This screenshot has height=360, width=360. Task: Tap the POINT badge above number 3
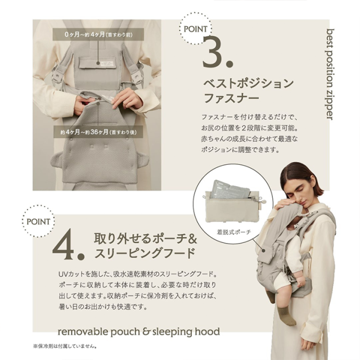pos(195,29)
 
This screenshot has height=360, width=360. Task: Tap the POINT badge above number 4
pos(38,221)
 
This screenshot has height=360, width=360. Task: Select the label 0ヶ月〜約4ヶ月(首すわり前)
pos(98,34)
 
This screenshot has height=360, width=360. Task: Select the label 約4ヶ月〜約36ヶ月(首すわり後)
pos(98,132)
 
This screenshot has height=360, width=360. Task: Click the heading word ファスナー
pos(231,98)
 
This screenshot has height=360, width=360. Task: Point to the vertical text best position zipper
pos(330,74)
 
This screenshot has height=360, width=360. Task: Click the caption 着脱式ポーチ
pos(234,232)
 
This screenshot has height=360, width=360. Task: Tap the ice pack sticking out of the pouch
pos(229,190)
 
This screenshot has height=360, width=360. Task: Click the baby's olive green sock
pos(286,316)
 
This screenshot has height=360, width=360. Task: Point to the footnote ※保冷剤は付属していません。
pos(65,346)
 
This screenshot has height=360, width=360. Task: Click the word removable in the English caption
pos(83,332)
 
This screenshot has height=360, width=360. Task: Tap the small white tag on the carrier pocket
pos(107,64)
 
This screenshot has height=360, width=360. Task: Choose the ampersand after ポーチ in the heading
pos(192,238)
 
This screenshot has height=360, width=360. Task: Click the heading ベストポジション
pos(249,83)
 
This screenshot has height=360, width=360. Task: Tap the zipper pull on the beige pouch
pos(262,201)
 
